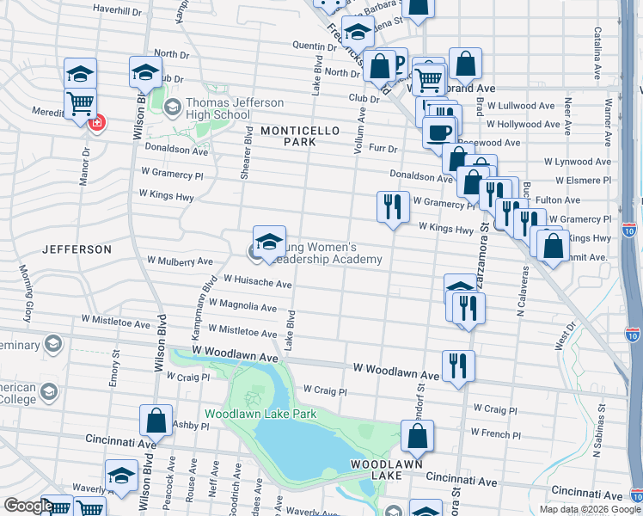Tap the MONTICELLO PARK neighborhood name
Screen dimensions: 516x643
pos(301,135)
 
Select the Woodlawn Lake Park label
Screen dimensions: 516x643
pos(260,414)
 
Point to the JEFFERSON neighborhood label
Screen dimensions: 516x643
pos(77,249)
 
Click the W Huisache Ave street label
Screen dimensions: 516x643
pos(258,281)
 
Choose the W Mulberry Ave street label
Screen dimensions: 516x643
pos(180,260)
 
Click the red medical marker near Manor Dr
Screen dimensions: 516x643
pos(97,122)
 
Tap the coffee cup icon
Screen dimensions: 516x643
pos(438,132)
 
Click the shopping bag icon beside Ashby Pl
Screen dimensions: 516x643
pos(156,421)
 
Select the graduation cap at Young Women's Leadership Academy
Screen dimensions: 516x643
pos(269,242)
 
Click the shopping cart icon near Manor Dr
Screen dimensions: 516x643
pos(80,103)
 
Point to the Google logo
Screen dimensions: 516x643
pos(28,506)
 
